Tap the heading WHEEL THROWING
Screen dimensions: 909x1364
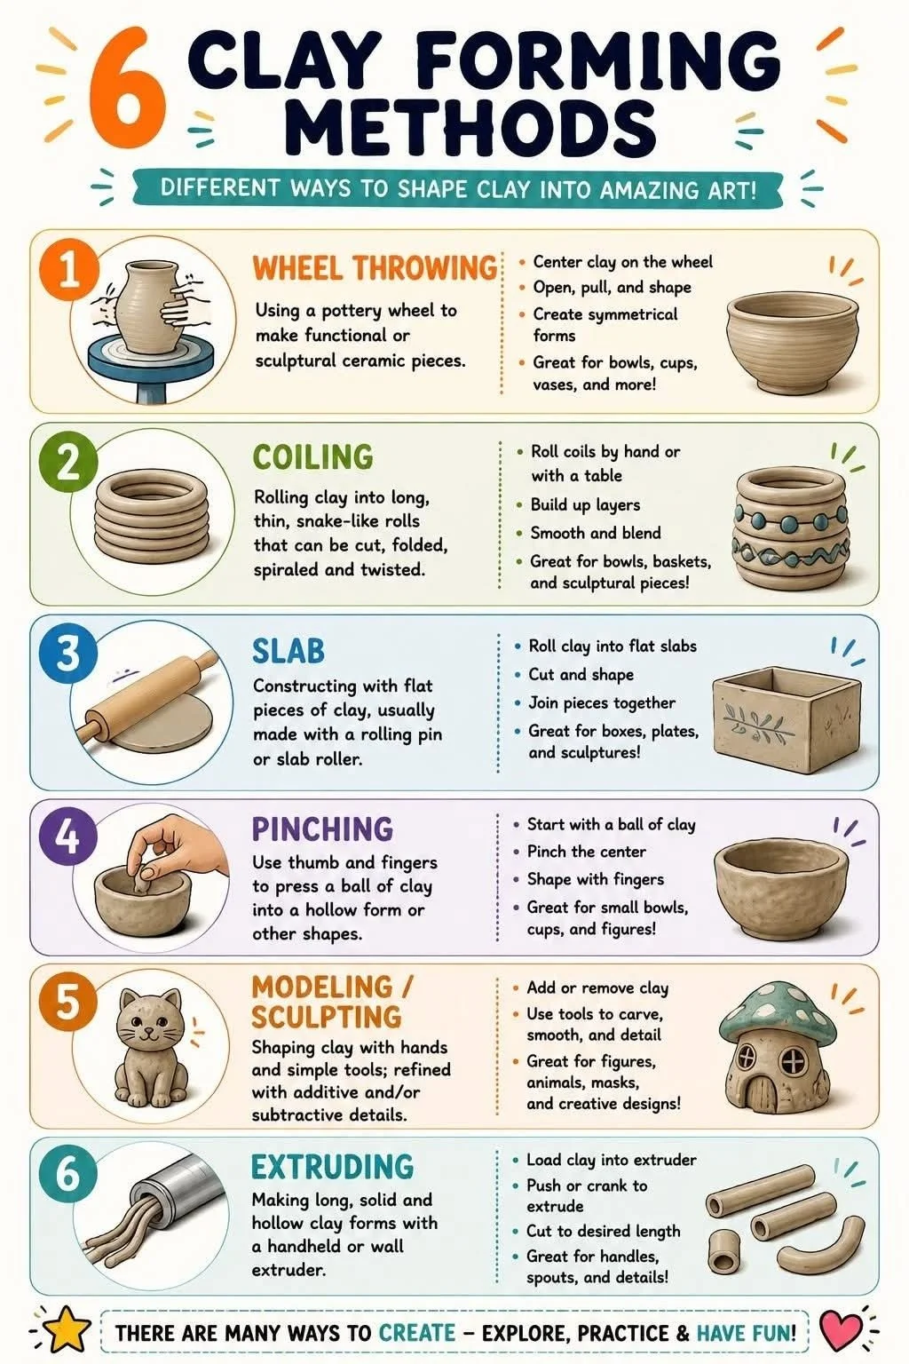375,268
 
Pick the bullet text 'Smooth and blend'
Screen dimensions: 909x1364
595,533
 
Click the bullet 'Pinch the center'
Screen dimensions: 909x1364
586,852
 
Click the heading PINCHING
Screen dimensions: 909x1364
323,829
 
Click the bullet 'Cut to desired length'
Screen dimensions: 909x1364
604,1231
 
